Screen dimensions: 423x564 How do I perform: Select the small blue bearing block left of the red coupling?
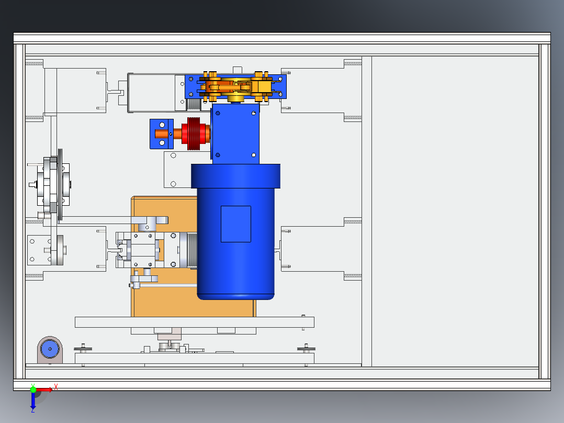click(161, 134)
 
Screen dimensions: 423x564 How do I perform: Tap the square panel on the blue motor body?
click(235, 224)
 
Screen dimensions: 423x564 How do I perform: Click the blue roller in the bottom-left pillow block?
click(50, 348)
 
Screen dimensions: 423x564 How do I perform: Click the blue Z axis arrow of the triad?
click(33, 402)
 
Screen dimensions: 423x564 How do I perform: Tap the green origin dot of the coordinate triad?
click(33, 389)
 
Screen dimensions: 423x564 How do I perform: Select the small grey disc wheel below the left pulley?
click(60, 250)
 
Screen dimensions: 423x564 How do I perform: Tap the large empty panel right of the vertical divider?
click(455, 209)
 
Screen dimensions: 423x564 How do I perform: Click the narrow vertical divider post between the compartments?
click(366, 209)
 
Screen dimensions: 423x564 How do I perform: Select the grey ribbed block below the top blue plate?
click(195, 104)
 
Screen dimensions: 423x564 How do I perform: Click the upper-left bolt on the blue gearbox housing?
click(218, 113)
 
